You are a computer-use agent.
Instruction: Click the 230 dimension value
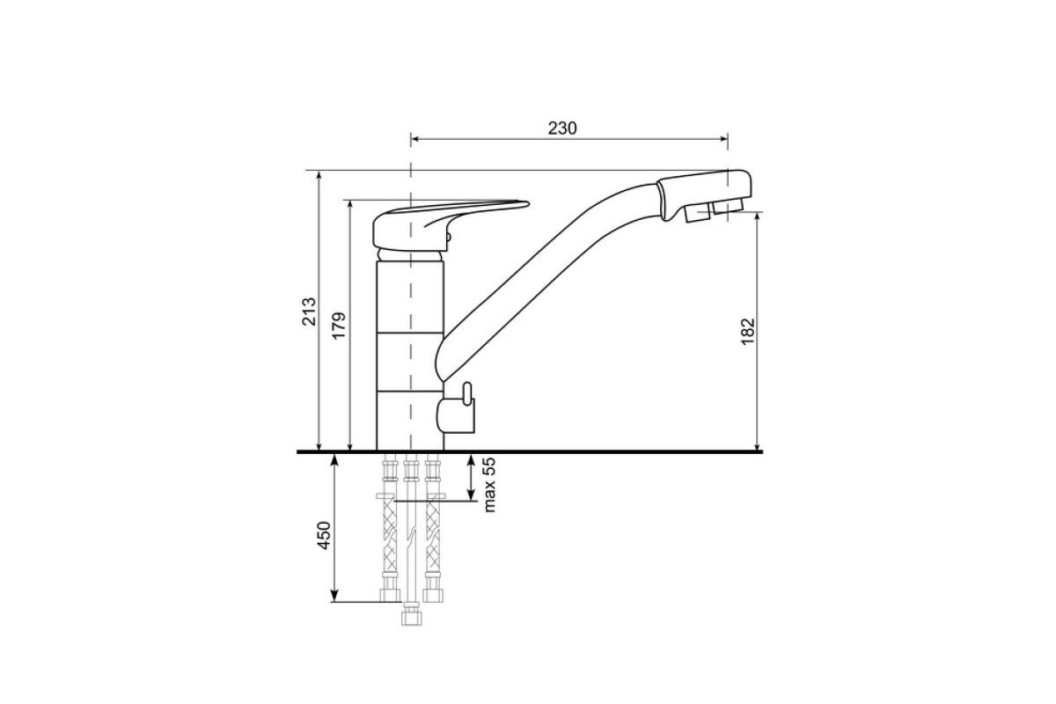[x=562, y=128]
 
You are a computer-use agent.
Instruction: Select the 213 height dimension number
[x=309, y=312]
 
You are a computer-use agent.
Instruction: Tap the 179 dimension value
[x=339, y=326]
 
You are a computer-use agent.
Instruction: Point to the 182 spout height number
[x=748, y=332]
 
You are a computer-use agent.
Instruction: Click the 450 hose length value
[x=324, y=535]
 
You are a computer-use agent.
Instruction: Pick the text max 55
[x=490, y=485]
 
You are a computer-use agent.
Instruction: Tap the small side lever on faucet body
[x=466, y=393]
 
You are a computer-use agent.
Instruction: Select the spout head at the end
[x=704, y=194]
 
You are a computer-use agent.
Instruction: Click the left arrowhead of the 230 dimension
[x=414, y=139]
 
